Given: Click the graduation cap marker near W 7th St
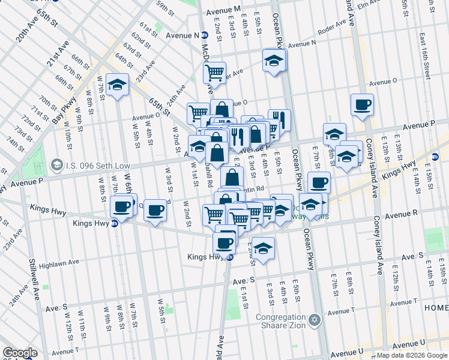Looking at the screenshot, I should point(118,85).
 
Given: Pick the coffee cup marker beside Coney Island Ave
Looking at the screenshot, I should point(362,104).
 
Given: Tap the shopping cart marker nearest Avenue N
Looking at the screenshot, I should point(214,73).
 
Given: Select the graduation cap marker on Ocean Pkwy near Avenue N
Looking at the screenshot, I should point(274,60).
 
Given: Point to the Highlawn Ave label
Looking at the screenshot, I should point(58,263).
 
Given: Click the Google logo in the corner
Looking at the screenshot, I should point(20,352).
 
